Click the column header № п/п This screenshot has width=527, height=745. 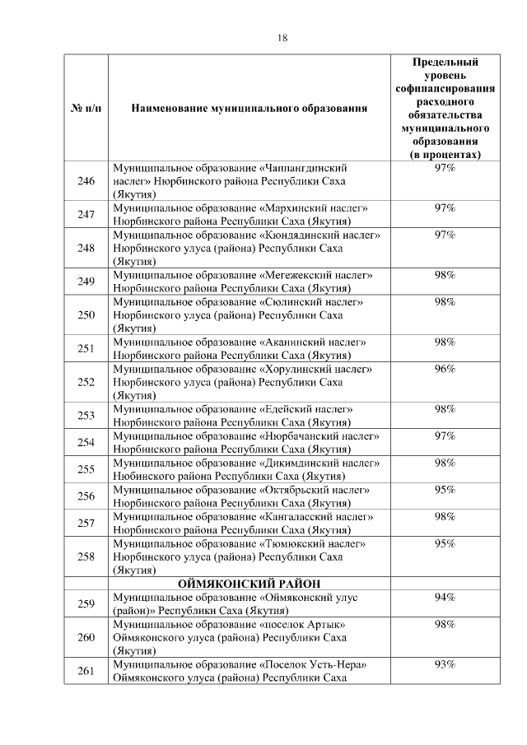pyautogui.click(x=86, y=109)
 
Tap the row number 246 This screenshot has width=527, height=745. pyautogui.click(x=86, y=181)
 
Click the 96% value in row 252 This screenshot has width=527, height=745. pyautogui.click(x=445, y=369)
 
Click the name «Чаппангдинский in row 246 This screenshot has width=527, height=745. pyautogui.click(x=310, y=168)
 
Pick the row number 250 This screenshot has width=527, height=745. pyautogui.click(x=86, y=315)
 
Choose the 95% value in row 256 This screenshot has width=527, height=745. pyautogui.click(x=445, y=490)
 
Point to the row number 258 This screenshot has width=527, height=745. pyautogui.click(x=86, y=557)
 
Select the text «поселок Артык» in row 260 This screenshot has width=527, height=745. pyautogui.click(x=302, y=625)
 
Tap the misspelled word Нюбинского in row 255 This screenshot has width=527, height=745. pyautogui.click(x=142, y=477)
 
